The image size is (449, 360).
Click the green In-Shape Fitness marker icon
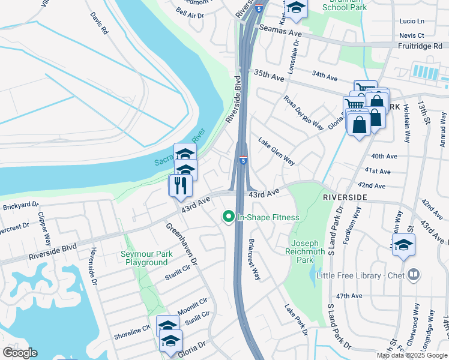(x=228, y=217)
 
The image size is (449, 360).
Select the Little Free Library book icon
(x=413, y=275)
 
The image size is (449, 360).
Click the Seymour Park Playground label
(x=146, y=259)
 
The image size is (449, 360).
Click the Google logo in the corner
(x=19, y=353)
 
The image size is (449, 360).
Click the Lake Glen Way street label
(x=276, y=152)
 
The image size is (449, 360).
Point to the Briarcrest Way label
(x=255, y=260)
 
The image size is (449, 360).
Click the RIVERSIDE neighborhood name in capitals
(x=344, y=197)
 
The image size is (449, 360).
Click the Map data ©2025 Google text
(x=411, y=355)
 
